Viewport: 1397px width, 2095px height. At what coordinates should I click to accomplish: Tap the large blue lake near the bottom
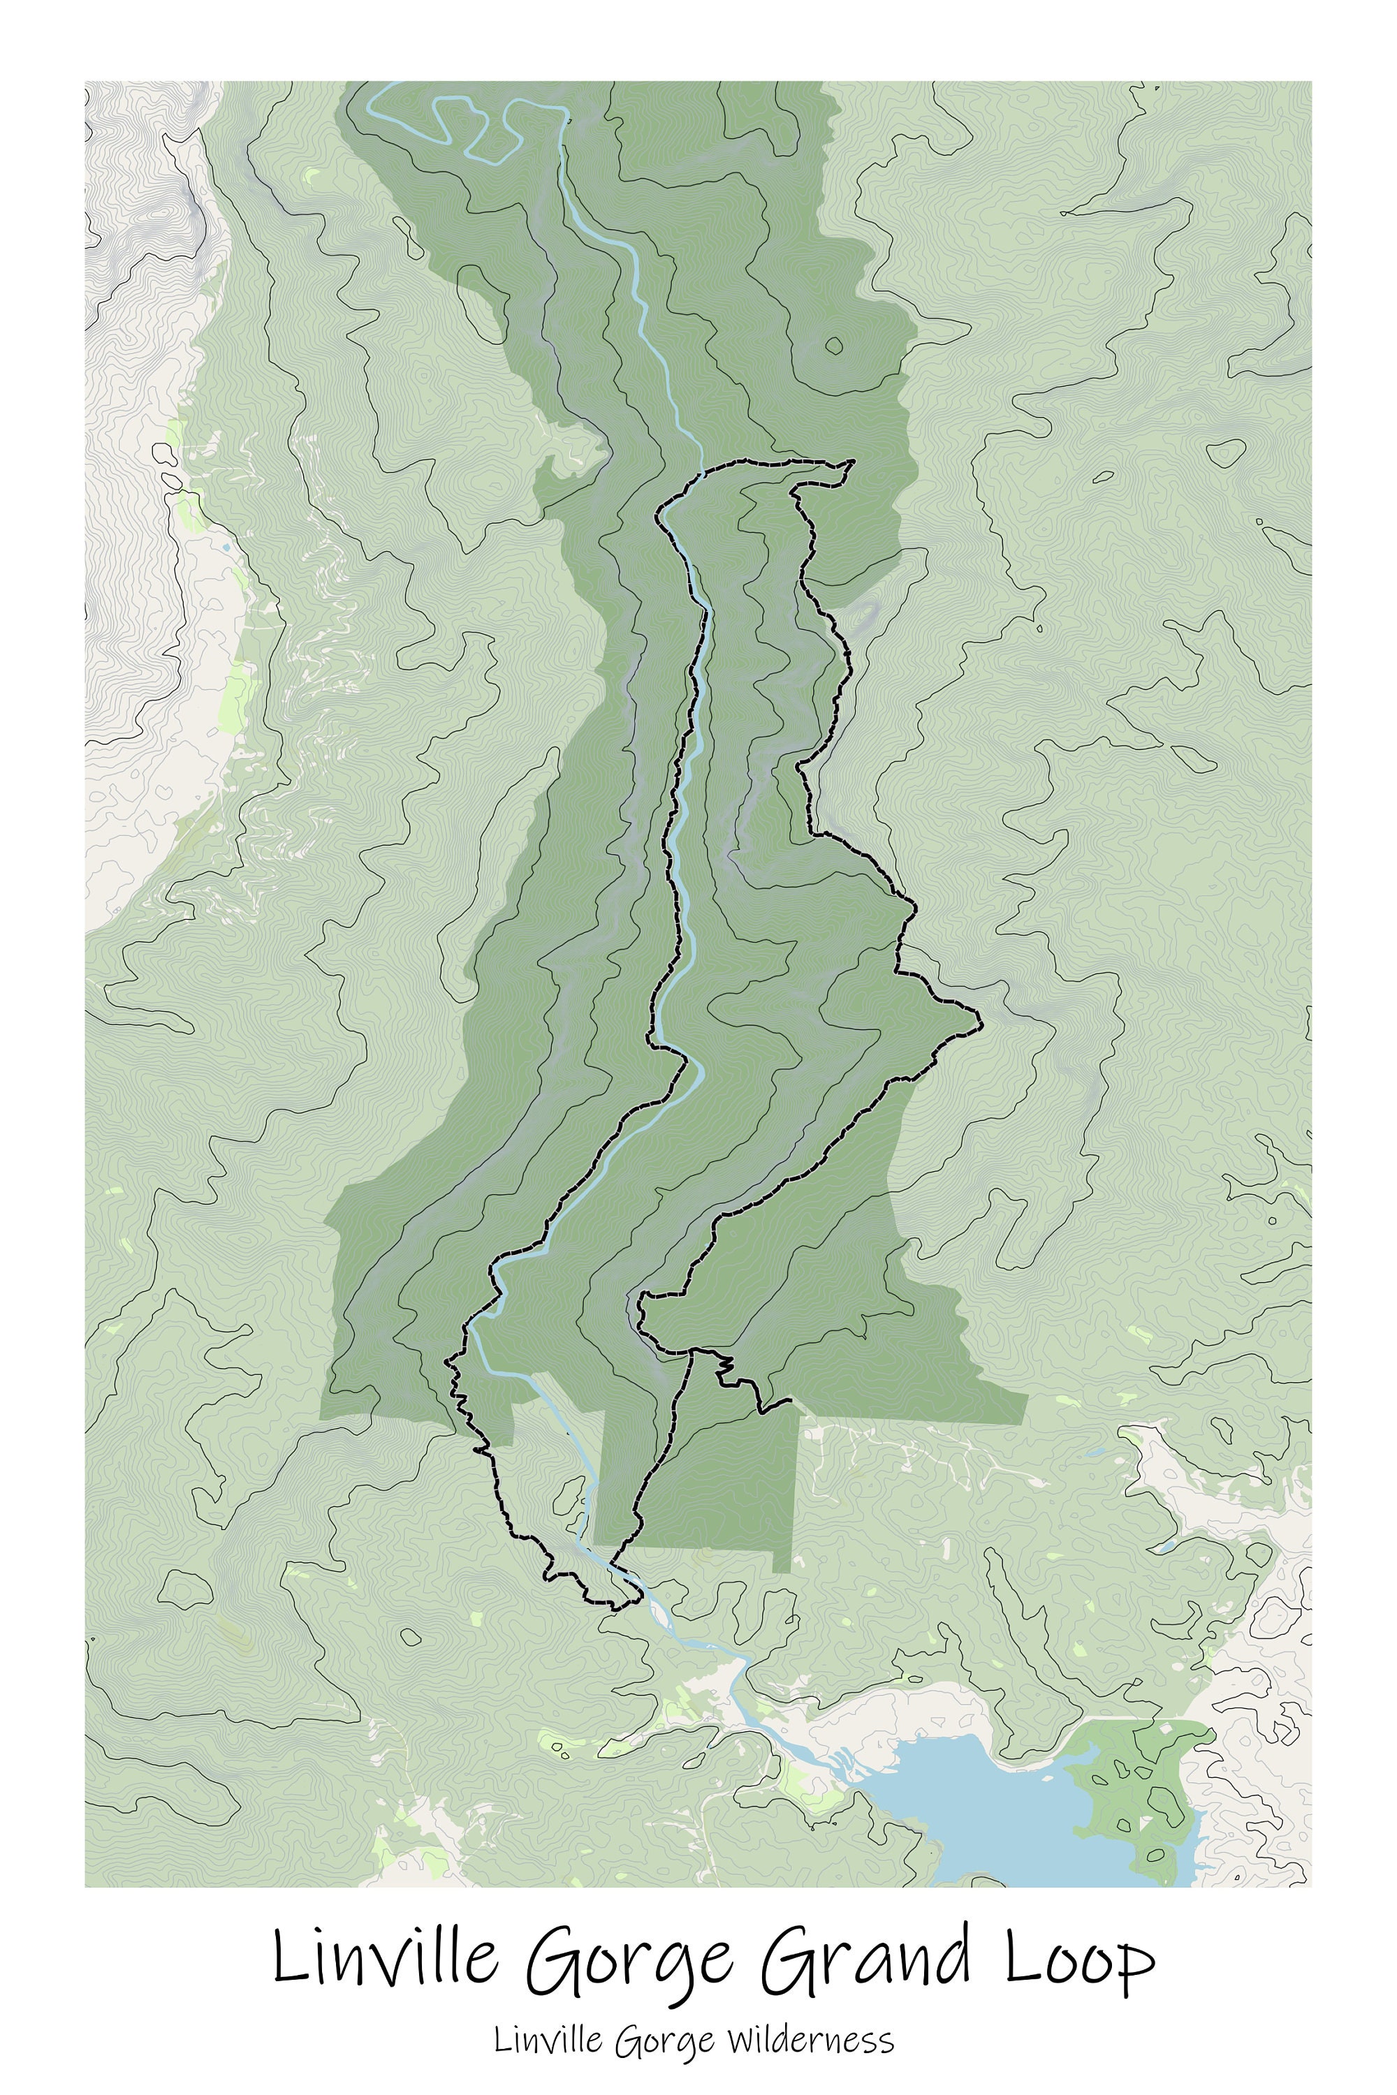[x=998, y=1808]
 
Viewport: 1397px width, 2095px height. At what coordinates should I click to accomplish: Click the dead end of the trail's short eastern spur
[x=791, y=1400]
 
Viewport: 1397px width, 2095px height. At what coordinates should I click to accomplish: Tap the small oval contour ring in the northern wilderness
[x=834, y=346]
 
